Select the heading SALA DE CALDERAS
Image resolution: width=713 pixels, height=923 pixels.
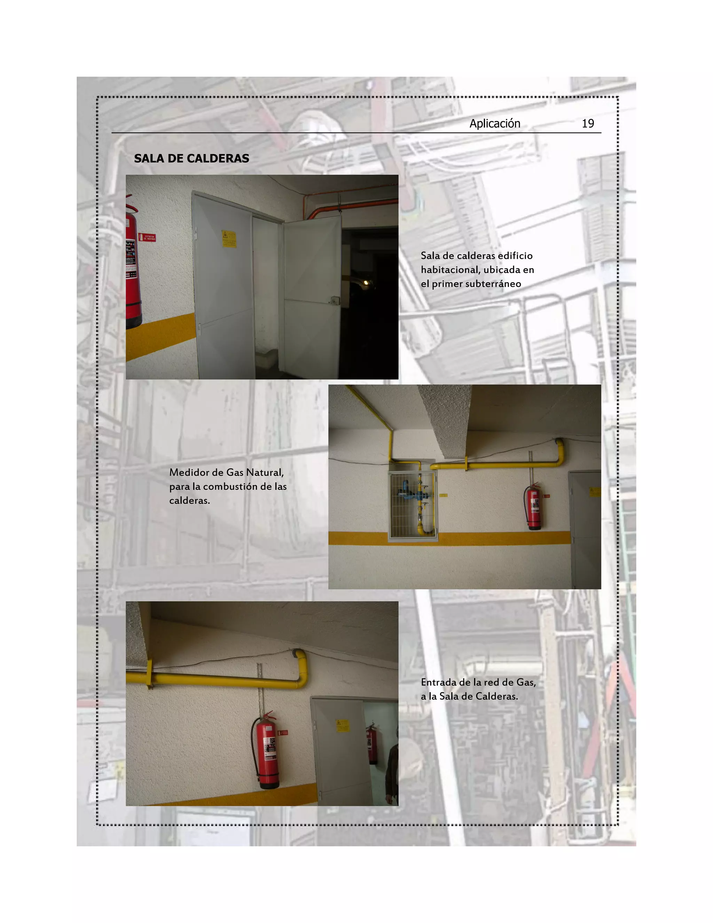191,158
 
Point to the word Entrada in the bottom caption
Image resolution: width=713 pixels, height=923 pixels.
438,682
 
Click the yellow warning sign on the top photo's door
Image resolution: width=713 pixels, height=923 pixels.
229,239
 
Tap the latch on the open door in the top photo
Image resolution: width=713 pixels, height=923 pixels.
334,301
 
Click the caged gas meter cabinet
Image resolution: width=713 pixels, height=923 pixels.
412,505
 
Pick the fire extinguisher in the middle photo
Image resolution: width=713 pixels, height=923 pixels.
533,507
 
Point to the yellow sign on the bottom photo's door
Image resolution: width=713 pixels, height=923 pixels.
342,726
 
